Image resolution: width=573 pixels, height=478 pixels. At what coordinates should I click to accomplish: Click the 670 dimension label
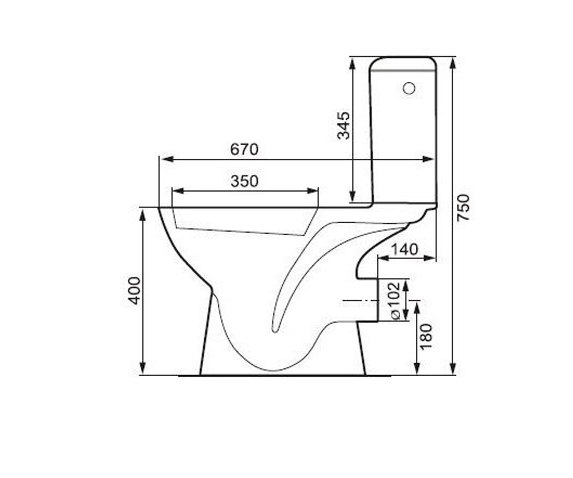tap(244, 150)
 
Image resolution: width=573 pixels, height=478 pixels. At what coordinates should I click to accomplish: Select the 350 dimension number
tap(244, 181)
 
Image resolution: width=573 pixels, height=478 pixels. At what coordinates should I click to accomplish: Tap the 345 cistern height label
tap(344, 125)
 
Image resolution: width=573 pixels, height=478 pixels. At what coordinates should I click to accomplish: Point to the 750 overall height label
tap(464, 207)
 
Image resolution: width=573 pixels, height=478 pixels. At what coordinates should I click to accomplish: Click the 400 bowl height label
tap(135, 291)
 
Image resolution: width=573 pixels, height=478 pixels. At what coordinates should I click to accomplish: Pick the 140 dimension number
tap(404, 250)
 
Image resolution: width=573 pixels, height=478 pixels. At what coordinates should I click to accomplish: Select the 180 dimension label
tap(426, 337)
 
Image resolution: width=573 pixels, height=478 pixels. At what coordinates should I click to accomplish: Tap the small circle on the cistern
tap(409, 88)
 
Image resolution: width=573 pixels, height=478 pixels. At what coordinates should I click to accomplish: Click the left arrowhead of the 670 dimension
tap(168, 159)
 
